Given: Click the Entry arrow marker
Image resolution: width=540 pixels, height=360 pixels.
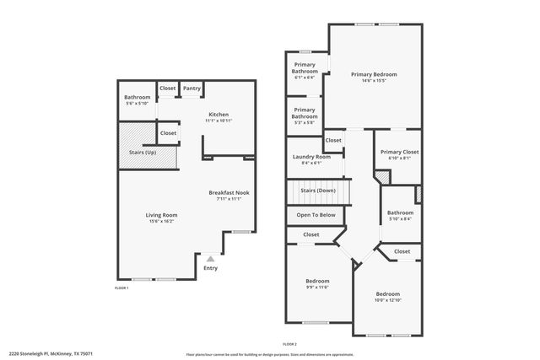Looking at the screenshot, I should point(210,259).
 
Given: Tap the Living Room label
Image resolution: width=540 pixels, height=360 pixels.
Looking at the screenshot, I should point(162,215).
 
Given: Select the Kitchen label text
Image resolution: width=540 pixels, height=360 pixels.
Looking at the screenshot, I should point(219,115).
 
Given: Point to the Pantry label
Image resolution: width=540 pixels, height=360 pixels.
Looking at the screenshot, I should point(192,89).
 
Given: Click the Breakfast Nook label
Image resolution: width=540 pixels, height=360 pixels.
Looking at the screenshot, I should point(229,193).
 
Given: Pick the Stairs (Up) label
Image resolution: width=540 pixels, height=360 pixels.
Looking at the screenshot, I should point(143,153).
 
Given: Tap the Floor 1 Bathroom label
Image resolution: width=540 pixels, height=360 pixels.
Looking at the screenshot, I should point(137,98).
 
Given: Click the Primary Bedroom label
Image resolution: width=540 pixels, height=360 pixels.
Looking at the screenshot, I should point(374,74).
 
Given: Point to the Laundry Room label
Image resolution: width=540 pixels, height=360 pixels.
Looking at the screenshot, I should point(311,157).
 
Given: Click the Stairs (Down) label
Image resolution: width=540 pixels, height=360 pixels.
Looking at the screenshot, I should point(317,191).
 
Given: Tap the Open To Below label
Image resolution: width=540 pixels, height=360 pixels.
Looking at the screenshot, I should point(316,215).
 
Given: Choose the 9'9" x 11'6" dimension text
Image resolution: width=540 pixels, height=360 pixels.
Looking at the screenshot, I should point(317,287).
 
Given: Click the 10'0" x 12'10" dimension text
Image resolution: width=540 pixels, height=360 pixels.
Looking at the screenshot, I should point(388,300).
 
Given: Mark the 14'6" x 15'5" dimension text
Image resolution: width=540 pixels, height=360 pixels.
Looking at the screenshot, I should point(374,81).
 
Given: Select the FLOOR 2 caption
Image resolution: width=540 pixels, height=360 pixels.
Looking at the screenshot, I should point(289,344).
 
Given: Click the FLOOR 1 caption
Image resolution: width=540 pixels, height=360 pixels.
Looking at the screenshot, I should point(121,288).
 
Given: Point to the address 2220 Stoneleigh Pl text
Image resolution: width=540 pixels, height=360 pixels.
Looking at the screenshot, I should point(51,354).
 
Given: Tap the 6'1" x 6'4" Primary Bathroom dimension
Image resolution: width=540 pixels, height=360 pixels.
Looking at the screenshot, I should point(305,78).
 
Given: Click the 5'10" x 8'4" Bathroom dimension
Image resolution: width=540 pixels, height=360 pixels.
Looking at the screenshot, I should point(400,219).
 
